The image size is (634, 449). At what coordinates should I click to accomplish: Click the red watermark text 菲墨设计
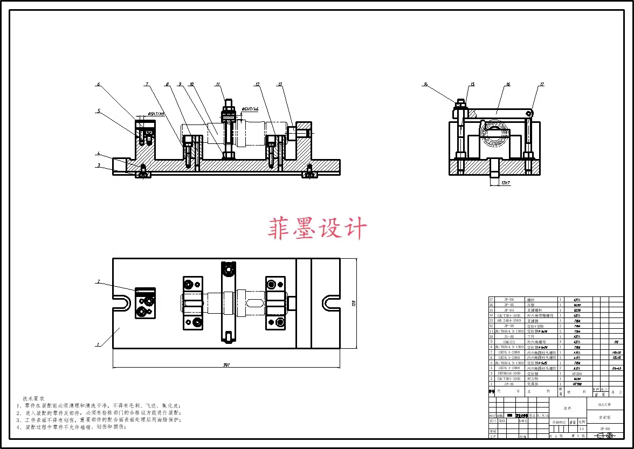click(x=317, y=228)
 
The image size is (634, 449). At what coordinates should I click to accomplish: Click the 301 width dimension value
click(x=226, y=365)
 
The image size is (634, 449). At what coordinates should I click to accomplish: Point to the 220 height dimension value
click(x=354, y=303)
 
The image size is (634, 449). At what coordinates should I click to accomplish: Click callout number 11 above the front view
click(x=218, y=84)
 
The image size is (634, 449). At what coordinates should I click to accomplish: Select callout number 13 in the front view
click(x=280, y=84)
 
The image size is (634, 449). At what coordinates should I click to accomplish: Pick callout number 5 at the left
click(x=99, y=110)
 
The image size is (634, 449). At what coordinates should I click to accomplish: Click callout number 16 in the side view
click(x=508, y=84)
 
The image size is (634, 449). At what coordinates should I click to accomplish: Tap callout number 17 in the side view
click(x=542, y=84)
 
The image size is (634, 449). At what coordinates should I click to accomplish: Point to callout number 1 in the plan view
click(x=98, y=344)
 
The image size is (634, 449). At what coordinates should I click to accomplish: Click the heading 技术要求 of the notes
click(x=33, y=398)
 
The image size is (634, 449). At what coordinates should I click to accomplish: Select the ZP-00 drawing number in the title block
click(x=605, y=429)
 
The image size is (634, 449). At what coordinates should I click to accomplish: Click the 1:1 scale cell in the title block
click(x=581, y=429)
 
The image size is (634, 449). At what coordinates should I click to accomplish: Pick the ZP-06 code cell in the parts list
click(x=508, y=299)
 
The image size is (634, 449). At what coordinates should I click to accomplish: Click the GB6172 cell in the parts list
click(x=508, y=342)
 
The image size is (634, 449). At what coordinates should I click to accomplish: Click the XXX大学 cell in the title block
click(x=605, y=404)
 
